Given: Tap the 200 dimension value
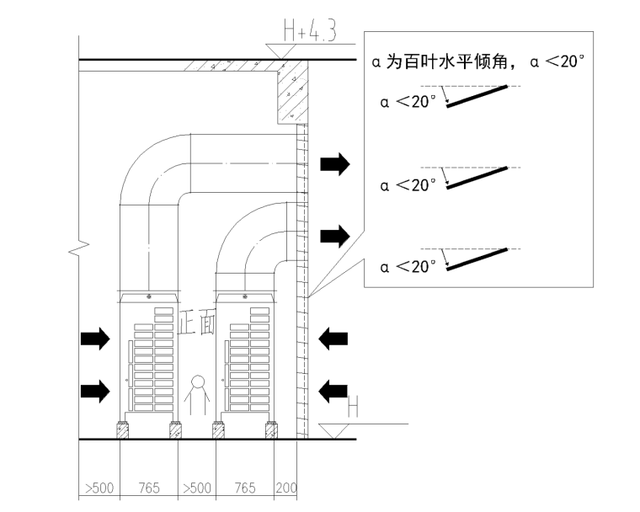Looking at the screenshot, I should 286,488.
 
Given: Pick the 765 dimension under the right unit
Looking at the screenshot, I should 244,488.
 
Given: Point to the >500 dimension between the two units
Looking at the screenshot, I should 196,488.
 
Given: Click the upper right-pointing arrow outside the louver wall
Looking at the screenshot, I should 334,164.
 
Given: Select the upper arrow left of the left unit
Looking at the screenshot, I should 94,339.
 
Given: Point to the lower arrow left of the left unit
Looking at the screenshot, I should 94,389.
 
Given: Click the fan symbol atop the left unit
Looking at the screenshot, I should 150,297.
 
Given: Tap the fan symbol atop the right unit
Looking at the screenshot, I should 245,297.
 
